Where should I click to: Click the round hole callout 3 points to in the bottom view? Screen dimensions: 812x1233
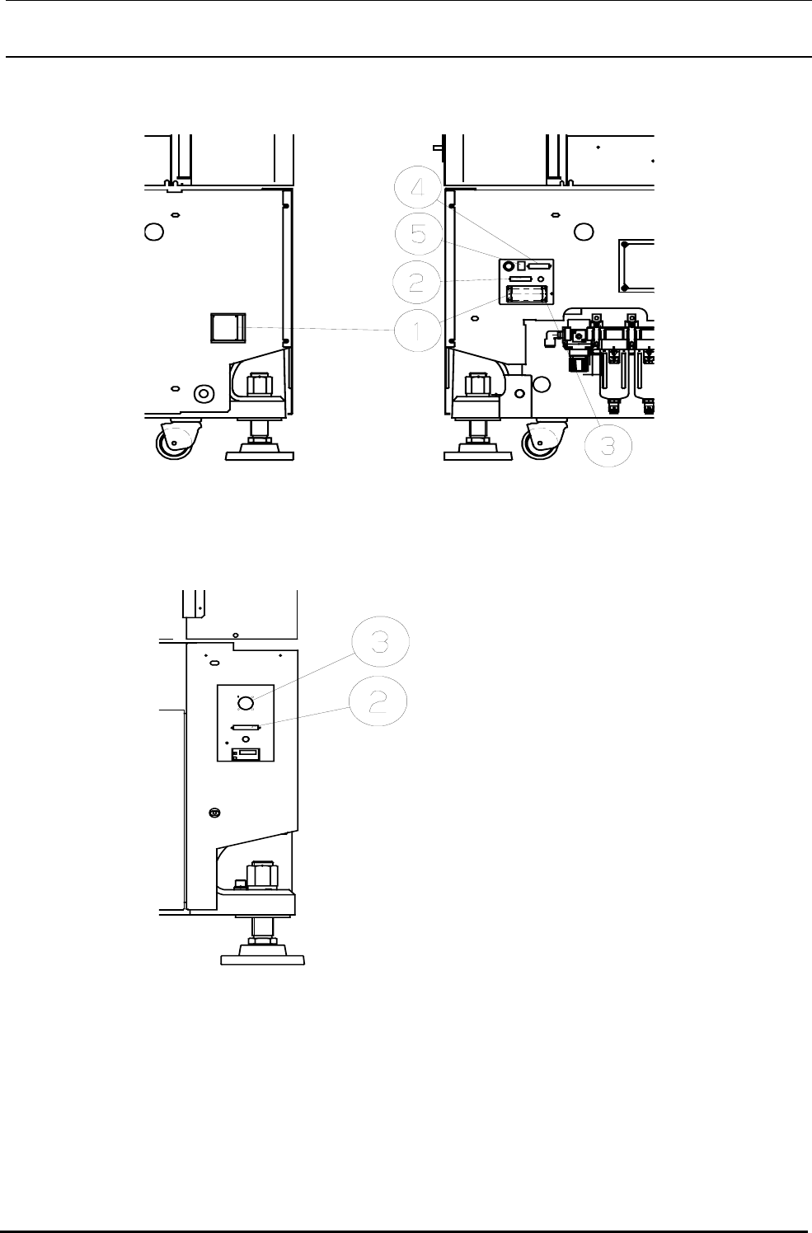pos(245,701)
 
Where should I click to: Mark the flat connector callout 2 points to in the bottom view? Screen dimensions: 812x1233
pos(246,727)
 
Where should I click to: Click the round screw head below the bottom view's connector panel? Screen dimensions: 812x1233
pos(214,813)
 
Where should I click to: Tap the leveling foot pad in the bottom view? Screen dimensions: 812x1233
pos(263,959)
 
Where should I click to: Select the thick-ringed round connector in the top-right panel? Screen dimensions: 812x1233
pos(509,266)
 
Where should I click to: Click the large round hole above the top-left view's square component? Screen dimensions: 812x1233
pos(153,232)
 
